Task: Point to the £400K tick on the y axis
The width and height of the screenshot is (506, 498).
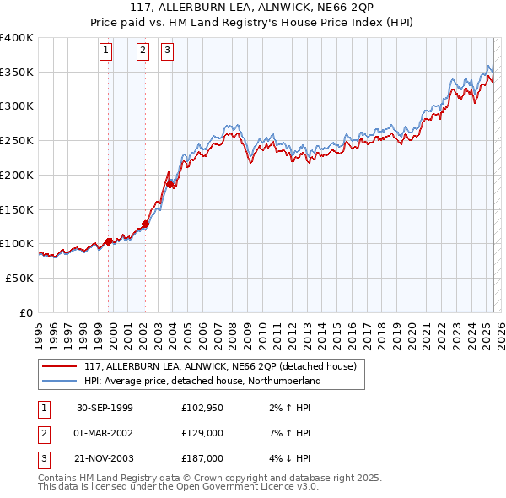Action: click(17, 38)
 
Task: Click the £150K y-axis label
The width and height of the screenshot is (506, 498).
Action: click(17, 209)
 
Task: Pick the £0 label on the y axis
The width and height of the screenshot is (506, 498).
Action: click(26, 312)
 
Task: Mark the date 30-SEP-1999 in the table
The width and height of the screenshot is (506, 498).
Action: click(105, 409)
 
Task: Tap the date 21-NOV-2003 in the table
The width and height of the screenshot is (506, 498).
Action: click(105, 458)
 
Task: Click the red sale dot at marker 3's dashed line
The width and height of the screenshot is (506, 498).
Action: click(170, 183)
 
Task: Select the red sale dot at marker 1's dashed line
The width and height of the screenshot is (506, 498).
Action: click(108, 241)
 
